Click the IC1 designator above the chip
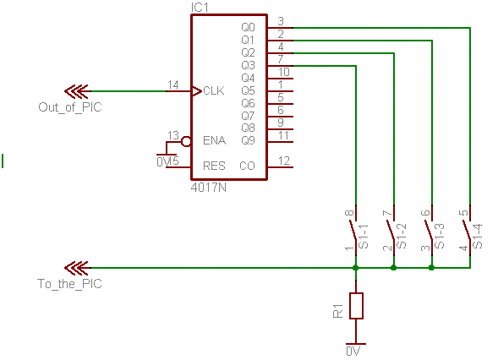pos(200,7)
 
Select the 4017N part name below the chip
pos(209,188)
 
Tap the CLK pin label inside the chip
pos(213,90)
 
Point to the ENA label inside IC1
pos(215,140)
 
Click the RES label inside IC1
pos(214,166)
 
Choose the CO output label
pos(247,166)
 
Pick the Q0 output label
pos(248,27)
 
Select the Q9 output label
pos(248,140)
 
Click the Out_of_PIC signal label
pos(70,107)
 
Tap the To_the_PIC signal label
pos(70,283)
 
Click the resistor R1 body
pos(356,306)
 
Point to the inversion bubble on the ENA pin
pos(186,142)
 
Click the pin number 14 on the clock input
pos(173,85)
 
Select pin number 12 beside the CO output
pos(284,161)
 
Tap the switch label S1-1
pos(363,237)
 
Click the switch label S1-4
pos(477,236)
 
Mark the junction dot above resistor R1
pos(356,268)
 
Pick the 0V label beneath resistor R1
pos(353,352)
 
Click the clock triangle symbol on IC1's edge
pos(197,91)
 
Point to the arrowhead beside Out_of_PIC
pos(76,91)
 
